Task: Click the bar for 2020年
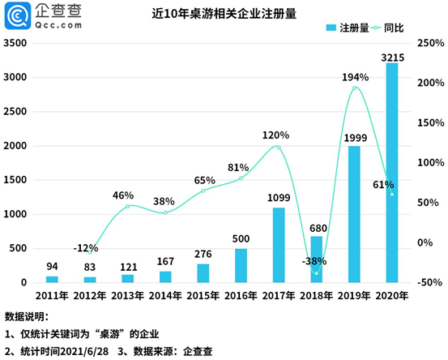tap(392, 173)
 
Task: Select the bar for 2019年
tap(354, 214)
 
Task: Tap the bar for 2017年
tap(278, 245)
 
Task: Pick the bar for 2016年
tap(241, 265)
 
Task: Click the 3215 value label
tap(392, 54)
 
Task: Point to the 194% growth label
tap(355, 77)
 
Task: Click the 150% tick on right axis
tap(429, 123)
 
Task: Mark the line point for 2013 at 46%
tap(127, 206)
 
